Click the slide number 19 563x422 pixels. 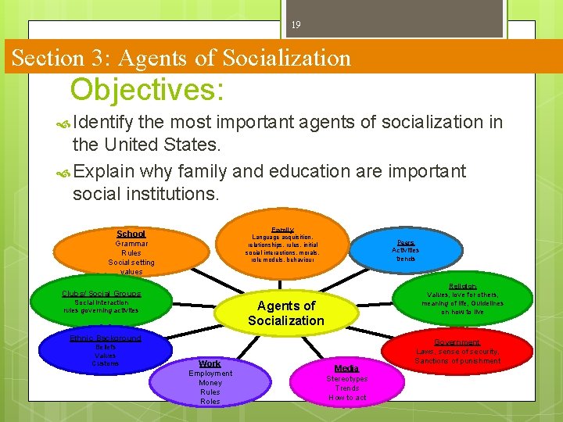[x=296, y=25]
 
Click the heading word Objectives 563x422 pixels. [x=147, y=90]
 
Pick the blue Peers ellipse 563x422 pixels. [x=406, y=249]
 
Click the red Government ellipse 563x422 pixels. [x=457, y=352]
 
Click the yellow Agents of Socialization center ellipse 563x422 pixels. [x=286, y=313]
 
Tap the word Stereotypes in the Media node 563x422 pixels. [x=346, y=378]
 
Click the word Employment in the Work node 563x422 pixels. [x=210, y=374]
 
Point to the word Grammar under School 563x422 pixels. [x=131, y=243]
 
